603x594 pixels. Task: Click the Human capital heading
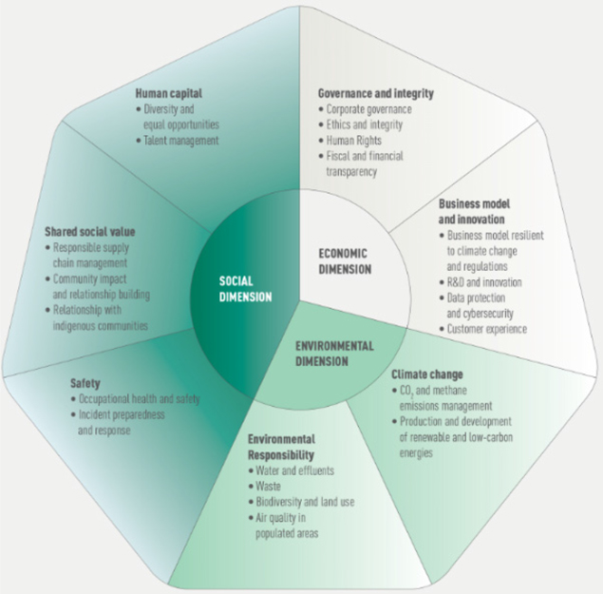point(168,93)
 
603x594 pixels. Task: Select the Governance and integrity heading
point(374,93)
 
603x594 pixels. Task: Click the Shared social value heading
point(90,231)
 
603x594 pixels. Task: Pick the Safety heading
point(85,384)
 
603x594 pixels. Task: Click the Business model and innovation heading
point(477,211)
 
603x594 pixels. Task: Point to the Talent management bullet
point(181,141)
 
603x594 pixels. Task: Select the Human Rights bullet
point(357,141)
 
